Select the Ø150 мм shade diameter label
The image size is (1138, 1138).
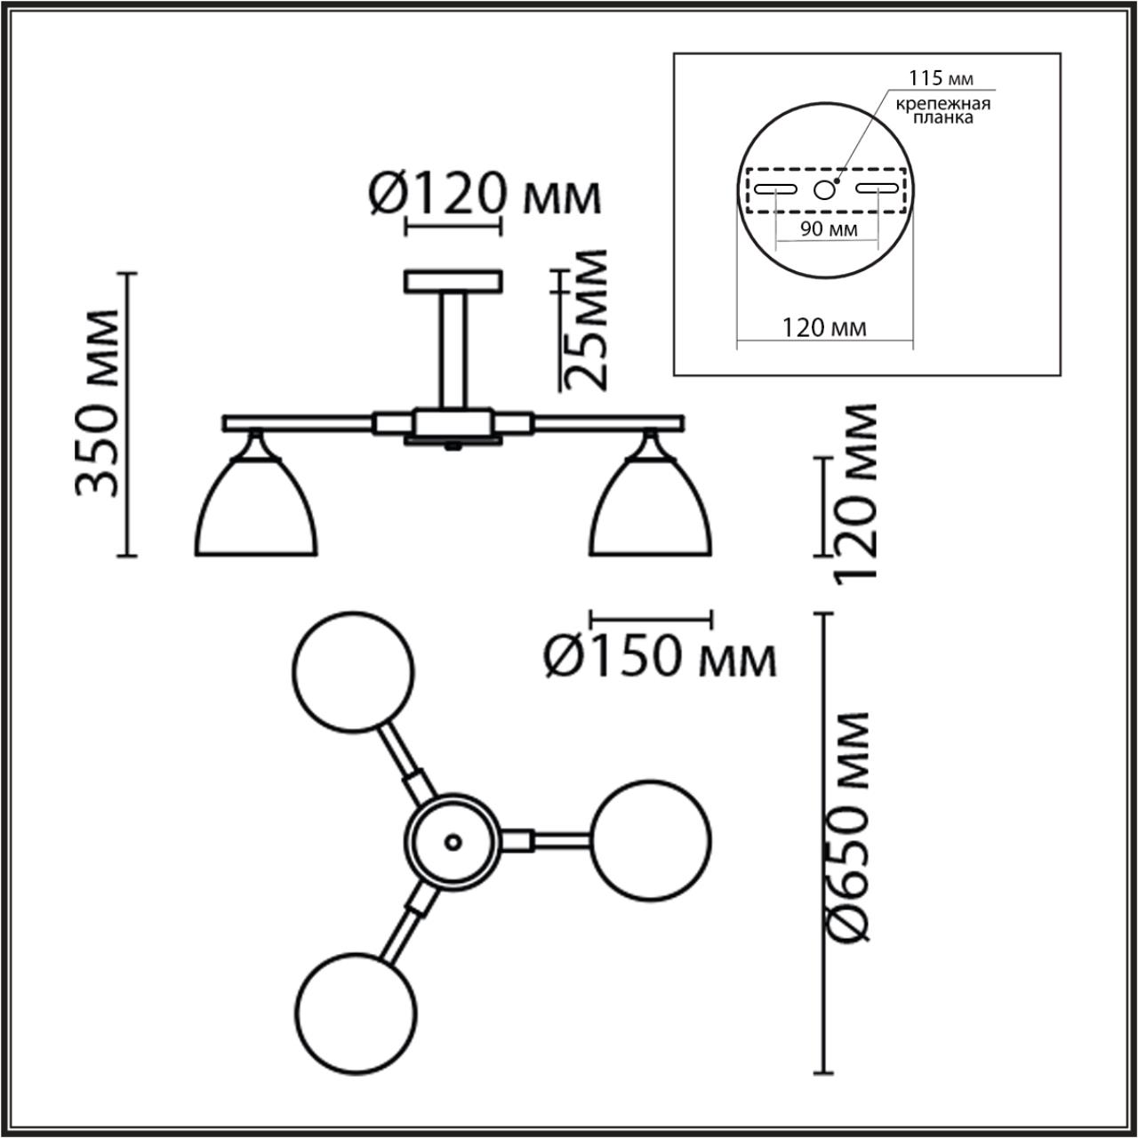(660, 658)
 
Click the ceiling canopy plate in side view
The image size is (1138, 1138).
(453, 282)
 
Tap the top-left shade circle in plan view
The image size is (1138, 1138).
(354, 671)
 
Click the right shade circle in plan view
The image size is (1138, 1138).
(652, 839)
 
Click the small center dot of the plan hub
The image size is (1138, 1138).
(453, 839)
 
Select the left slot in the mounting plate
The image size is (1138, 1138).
(775, 188)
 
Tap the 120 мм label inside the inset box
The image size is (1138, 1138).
(824, 328)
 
